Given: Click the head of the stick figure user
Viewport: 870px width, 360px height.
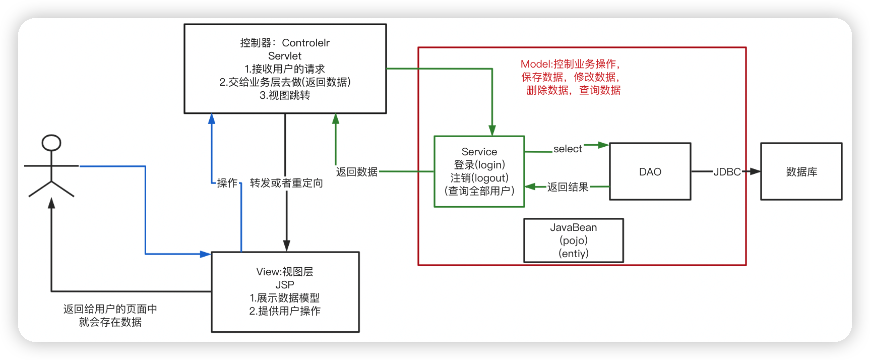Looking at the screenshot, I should pyautogui.click(x=51, y=143).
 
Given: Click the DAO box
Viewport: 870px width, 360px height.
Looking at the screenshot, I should pyautogui.click(x=650, y=172).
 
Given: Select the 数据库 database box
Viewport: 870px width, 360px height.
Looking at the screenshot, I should pyautogui.click(x=801, y=172).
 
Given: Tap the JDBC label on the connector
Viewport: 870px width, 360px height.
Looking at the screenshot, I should pyautogui.click(x=727, y=172).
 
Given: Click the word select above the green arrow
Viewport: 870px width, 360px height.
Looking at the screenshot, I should pyautogui.click(x=568, y=149).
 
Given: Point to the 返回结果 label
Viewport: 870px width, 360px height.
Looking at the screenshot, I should pyautogui.click(x=568, y=187).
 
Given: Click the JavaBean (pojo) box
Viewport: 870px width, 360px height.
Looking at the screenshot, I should pyautogui.click(x=574, y=241).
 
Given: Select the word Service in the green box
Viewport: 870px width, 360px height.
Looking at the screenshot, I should pyautogui.click(x=479, y=152).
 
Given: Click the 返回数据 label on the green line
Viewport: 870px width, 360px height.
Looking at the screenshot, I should pyautogui.click(x=357, y=172).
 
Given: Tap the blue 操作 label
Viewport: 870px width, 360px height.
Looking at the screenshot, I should pyautogui.click(x=227, y=183).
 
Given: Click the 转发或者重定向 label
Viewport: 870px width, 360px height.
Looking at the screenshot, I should pyautogui.click(x=286, y=183).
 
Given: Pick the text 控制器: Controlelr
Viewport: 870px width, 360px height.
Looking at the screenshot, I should pyautogui.click(x=285, y=43).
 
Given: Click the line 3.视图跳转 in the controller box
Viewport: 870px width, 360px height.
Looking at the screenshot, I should pyautogui.click(x=285, y=95).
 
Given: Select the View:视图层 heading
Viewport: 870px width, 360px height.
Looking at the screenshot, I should pyautogui.click(x=285, y=272).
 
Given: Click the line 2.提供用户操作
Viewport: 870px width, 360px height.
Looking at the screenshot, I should pyautogui.click(x=285, y=311).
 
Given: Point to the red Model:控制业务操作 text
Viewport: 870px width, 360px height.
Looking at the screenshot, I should pyautogui.click(x=570, y=64).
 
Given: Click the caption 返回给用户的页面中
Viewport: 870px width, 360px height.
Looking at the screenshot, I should pyautogui.click(x=110, y=309).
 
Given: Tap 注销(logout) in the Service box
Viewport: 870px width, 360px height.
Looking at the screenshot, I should pyautogui.click(x=479, y=178).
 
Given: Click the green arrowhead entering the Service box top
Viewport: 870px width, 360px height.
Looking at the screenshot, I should pyautogui.click(x=492, y=131).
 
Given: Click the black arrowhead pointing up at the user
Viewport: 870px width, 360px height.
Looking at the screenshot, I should pyautogui.click(x=51, y=203).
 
